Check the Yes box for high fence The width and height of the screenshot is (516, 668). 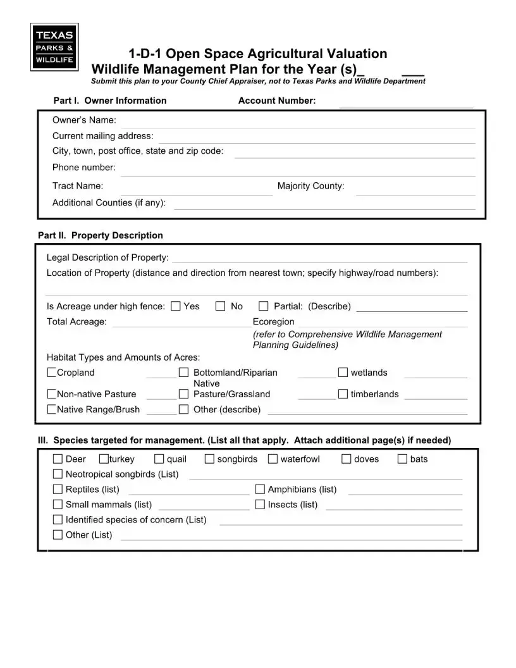click(x=176, y=306)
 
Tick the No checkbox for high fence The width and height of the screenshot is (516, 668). click(x=221, y=306)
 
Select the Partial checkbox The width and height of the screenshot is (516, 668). click(x=264, y=306)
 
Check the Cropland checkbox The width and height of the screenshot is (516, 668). click(x=51, y=373)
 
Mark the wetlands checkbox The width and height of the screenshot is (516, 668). click(x=343, y=372)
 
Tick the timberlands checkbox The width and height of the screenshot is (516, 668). click(x=343, y=394)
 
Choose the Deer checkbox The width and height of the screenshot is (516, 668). click(x=58, y=459)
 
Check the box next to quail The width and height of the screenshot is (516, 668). click(x=159, y=459)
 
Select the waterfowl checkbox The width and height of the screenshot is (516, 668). click(x=273, y=459)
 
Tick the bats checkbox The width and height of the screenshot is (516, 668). click(x=402, y=459)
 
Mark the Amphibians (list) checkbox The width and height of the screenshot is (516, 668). click(x=260, y=489)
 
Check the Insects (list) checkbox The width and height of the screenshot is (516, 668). click(x=260, y=504)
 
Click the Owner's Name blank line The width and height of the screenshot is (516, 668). click(x=297, y=125)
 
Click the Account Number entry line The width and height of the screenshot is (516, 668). click(x=406, y=105)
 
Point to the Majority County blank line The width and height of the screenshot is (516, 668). click(x=415, y=191)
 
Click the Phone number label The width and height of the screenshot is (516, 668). click(x=83, y=167)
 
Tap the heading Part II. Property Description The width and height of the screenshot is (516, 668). click(x=101, y=235)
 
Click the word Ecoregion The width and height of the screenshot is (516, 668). click(x=273, y=321)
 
